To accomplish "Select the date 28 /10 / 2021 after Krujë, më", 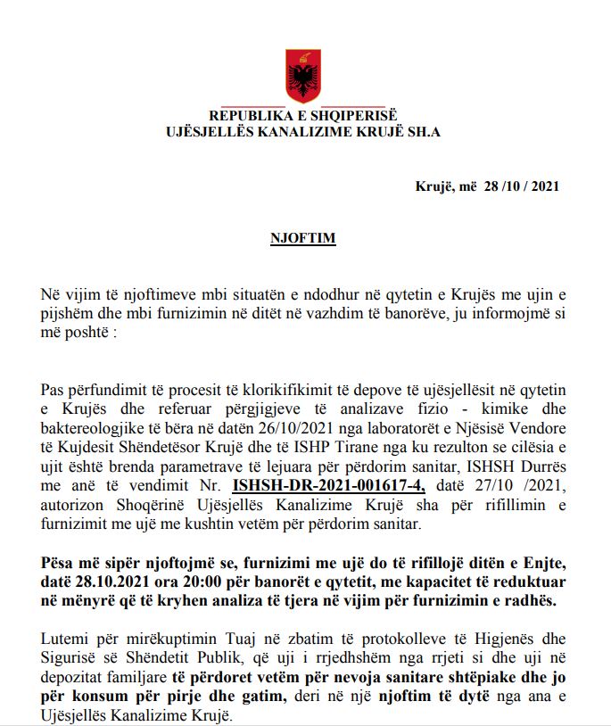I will tap(522, 186).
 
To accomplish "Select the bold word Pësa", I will tap(61, 564).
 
